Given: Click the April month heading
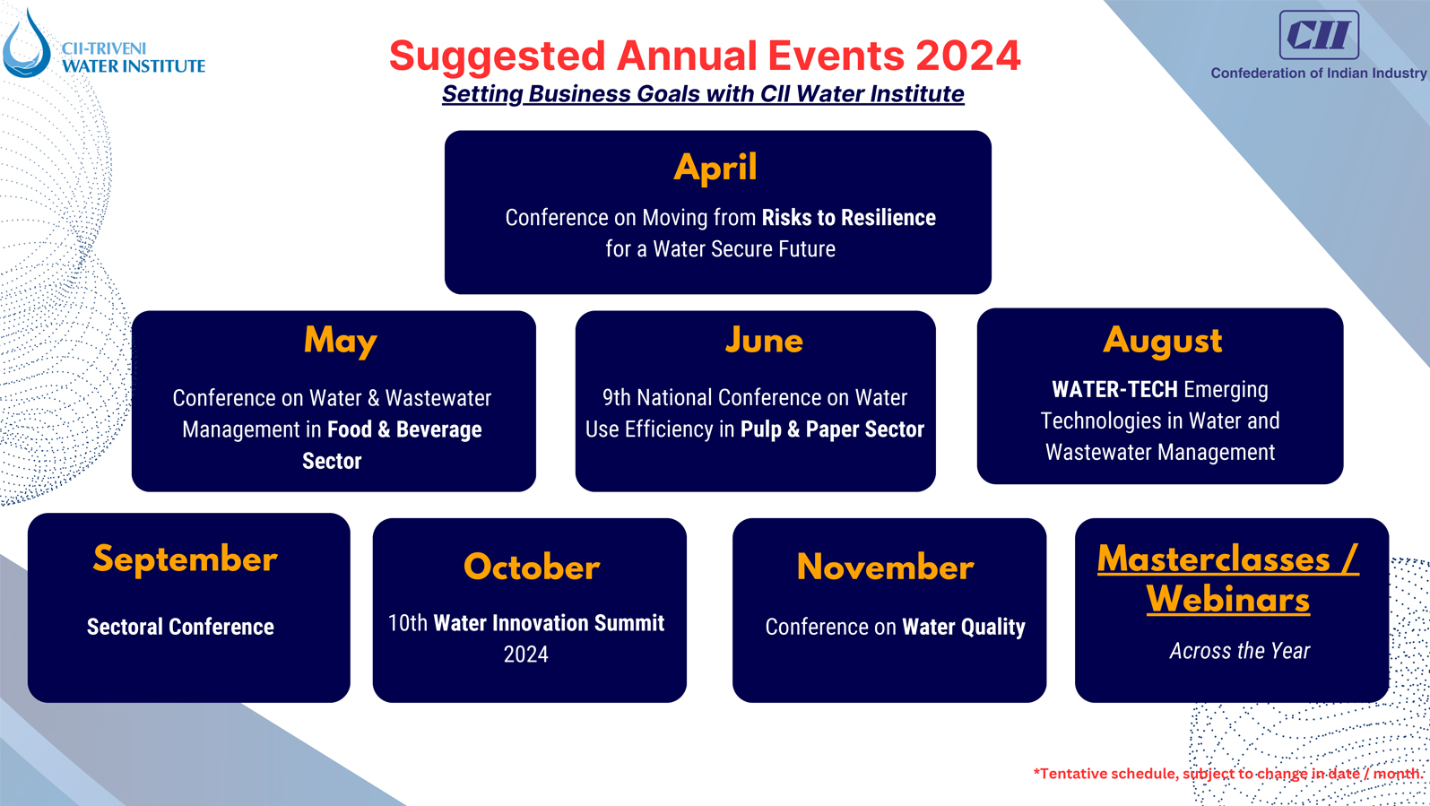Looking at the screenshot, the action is coord(715,168).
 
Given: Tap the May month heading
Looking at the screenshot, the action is coord(340,341).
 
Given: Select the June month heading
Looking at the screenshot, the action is coord(764,341).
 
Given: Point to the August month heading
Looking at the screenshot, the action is coord(1162,341).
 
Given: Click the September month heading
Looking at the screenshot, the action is coord(186,559).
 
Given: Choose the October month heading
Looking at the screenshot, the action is coord(532,568).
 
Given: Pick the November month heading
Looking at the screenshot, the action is coord(885,568).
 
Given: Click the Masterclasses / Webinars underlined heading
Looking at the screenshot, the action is coord(1227,579).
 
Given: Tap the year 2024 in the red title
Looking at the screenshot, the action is coord(968,56).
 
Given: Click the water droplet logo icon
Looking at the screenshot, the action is coord(26,45).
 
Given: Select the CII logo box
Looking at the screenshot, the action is coord(1318,35).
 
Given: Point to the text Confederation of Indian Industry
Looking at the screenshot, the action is coord(1318,74).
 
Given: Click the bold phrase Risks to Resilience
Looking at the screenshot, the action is coord(848,218).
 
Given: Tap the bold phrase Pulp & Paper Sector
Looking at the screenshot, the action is coord(832,429).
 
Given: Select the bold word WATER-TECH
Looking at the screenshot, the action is coord(1114,390).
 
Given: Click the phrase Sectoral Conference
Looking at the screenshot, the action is coord(180,627).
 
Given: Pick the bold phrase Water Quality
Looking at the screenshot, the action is coord(963,627).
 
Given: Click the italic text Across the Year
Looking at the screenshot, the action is coord(1239,651).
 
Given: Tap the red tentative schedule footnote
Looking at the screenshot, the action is coord(1227,773).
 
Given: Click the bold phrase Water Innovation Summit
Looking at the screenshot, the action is coord(549,623).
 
